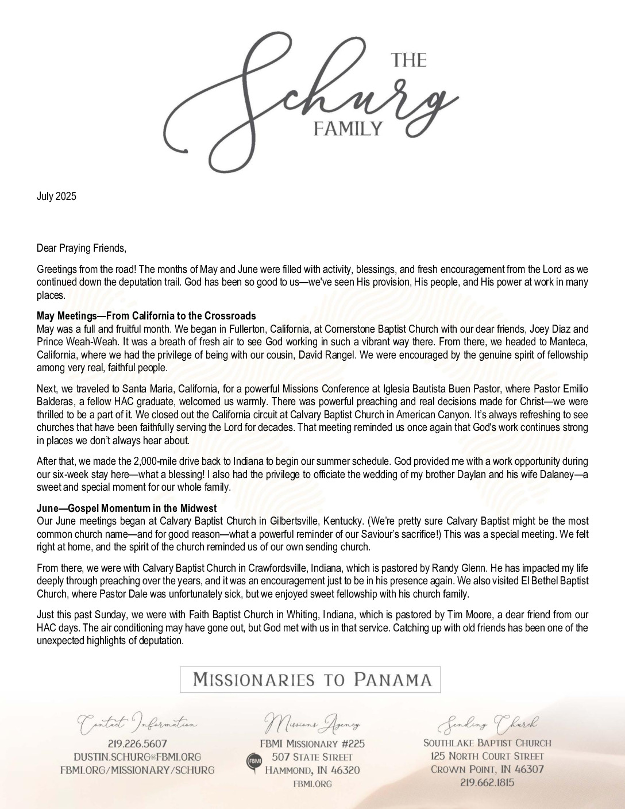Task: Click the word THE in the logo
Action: coord(409,60)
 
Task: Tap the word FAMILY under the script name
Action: coord(348,128)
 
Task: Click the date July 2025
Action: coord(56,197)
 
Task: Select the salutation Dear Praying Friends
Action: coord(81,248)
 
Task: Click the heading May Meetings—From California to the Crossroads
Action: coord(146,316)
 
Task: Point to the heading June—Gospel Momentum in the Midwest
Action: coord(126,508)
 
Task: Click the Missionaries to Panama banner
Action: coord(311,680)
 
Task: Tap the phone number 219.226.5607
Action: coord(137,743)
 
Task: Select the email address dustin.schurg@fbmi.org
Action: coord(137,757)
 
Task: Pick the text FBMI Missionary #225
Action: coord(312,743)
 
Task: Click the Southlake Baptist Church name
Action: coord(487,743)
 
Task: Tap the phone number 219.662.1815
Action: coord(487,783)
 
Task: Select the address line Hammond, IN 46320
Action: coord(312,770)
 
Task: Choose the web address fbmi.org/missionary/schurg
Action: coord(137,770)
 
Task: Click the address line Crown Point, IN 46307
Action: coord(487,769)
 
